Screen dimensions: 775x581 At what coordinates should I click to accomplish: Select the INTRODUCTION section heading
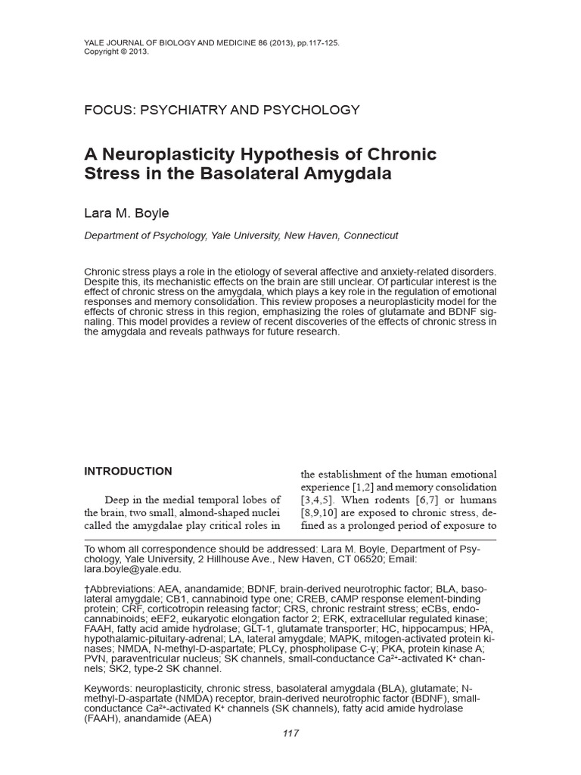[x=128, y=472]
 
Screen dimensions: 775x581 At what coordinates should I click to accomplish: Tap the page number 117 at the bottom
[x=290, y=733]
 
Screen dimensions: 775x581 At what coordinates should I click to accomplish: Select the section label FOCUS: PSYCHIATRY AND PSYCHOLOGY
[x=222, y=110]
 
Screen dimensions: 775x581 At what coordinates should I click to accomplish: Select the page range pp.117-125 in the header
[x=312, y=43]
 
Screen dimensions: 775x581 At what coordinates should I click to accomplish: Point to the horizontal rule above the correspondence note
[x=290, y=540]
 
